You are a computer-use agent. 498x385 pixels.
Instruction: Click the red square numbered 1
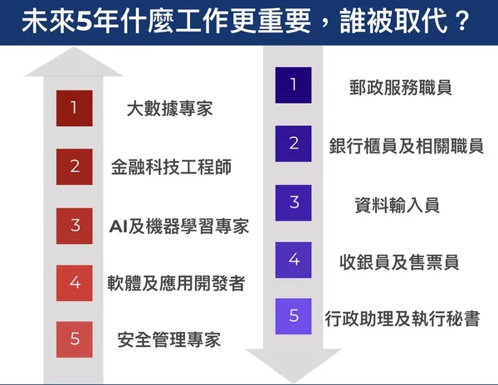pyautogui.click(x=75, y=108)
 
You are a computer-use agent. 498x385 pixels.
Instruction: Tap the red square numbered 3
pyautogui.click(x=75, y=226)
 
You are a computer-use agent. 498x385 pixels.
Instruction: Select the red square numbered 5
pyautogui.click(x=75, y=339)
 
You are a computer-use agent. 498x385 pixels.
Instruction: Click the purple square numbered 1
pyautogui.click(x=293, y=85)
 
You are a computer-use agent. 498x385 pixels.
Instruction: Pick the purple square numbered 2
pyautogui.click(x=293, y=144)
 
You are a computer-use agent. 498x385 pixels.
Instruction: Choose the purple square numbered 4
pyautogui.click(x=293, y=260)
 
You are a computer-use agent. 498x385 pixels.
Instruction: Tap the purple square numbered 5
pyautogui.click(x=293, y=316)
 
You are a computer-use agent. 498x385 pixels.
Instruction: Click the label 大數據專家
pyautogui.click(x=169, y=109)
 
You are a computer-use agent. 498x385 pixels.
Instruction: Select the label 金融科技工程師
pyautogui.click(x=171, y=167)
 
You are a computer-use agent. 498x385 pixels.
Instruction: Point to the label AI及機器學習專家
pyautogui.click(x=179, y=227)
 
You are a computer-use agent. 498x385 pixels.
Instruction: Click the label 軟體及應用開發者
pyautogui.click(x=176, y=283)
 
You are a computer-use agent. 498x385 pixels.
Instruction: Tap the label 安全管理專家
pyautogui.click(x=169, y=339)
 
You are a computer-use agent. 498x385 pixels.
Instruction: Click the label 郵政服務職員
pyautogui.click(x=401, y=87)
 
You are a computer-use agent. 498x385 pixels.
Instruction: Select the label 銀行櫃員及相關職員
pyautogui.click(x=406, y=146)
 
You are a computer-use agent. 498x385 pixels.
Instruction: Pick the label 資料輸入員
pyautogui.click(x=397, y=205)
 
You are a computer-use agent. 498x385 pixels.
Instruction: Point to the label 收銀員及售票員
pyautogui.click(x=399, y=262)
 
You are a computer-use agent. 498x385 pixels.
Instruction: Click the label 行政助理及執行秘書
pyautogui.click(x=402, y=319)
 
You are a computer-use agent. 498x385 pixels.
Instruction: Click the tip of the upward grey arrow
pyautogui.click(x=74, y=47)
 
